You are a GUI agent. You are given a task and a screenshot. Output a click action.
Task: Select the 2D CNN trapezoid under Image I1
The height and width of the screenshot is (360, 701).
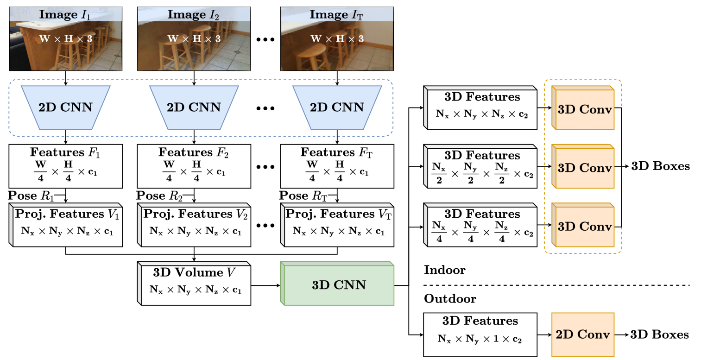(x=65, y=107)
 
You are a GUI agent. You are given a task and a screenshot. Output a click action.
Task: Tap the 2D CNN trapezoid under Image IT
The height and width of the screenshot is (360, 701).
(x=336, y=107)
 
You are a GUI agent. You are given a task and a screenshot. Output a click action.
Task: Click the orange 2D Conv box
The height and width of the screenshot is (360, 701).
(x=583, y=335)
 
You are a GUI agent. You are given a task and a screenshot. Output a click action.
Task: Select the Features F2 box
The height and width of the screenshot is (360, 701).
(x=194, y=166)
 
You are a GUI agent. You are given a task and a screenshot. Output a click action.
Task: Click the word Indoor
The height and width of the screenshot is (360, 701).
(x=444, y=270)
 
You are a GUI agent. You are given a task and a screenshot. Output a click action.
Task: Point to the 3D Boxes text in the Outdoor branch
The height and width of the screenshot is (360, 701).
(x=660, y=335)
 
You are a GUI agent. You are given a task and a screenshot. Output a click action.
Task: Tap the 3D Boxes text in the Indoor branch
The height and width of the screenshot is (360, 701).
(x=660, y=166)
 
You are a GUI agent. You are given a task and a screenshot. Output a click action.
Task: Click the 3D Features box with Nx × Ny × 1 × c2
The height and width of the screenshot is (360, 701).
(x=480, y=334)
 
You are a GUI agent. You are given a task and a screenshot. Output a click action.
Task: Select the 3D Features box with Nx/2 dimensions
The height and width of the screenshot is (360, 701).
(x=480, y=166)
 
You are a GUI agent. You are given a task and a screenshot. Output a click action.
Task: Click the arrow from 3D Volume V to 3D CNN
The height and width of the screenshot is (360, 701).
(x=265, y=285)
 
